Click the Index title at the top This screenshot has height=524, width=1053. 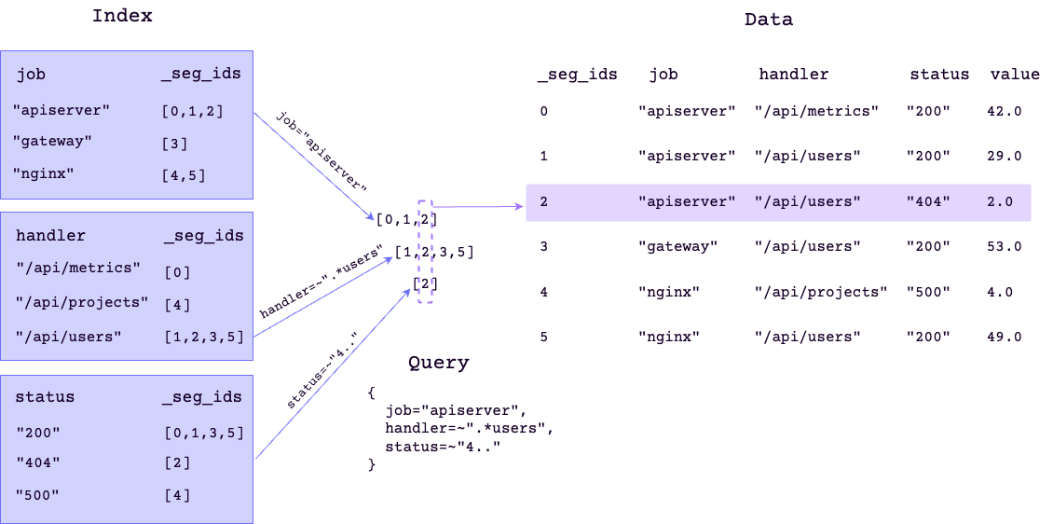(122, 16)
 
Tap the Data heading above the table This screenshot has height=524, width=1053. (769, 19)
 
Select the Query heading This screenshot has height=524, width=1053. (438, 363)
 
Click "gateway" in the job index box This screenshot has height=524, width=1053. (53, 142)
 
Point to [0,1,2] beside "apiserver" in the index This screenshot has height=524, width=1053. (192, 111)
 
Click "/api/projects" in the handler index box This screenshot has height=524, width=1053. (82, 303)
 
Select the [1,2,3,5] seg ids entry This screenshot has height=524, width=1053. (203, 337)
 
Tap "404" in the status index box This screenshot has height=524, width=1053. (38, 462)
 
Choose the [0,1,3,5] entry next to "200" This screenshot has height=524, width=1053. (203, 433)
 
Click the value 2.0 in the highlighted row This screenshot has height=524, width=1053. (999, 201)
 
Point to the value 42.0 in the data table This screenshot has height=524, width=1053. (1004, 111)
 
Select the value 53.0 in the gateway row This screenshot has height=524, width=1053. (1004, 247)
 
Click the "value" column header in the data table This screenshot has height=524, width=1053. (1015, 75)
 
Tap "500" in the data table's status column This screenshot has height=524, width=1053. (928, 292)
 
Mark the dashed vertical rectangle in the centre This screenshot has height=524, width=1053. (426, 252)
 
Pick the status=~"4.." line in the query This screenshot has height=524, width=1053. (443, 447)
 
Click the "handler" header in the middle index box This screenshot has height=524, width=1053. (50, 236)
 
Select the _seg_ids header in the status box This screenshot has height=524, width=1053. (202, 397)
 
